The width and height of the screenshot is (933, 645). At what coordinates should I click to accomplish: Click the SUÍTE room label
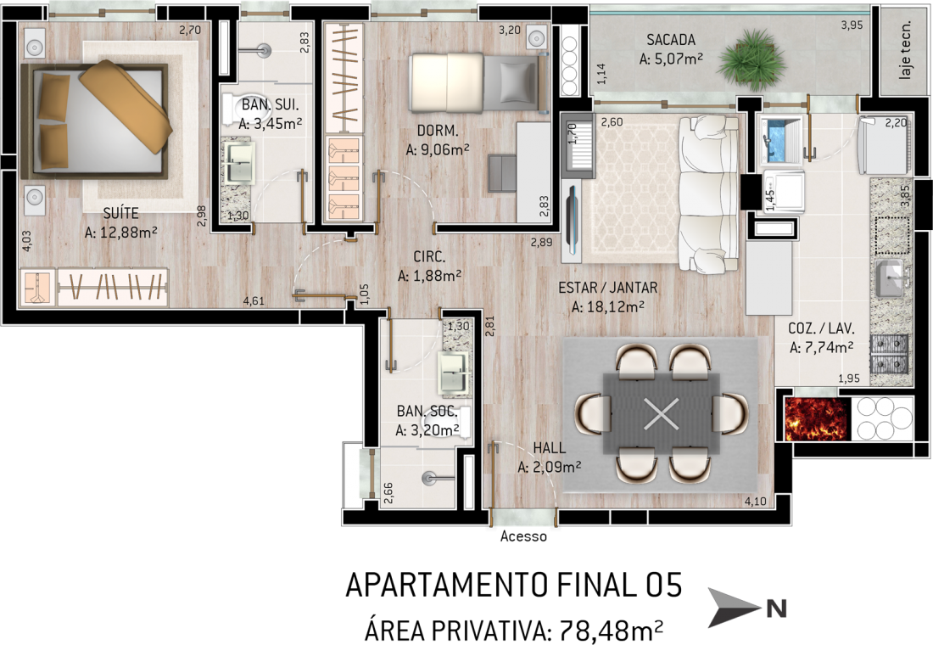click(120, 213)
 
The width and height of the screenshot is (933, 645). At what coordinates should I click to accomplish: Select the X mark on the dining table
click(661, 413)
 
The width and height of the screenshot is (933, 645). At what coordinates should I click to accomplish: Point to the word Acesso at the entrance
click(523, 536)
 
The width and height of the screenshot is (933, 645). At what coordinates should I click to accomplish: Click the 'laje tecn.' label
click(905, 50)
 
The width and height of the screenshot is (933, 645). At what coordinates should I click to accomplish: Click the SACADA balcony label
click(671, 40)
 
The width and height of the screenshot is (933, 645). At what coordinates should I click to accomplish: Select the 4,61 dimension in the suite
click(254, 300)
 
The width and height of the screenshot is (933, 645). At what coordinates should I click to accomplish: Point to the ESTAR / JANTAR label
click(607, 288)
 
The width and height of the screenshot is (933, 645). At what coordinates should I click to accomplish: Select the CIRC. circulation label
click(429, 256)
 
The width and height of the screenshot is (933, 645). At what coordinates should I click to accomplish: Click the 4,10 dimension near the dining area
click(756, 502)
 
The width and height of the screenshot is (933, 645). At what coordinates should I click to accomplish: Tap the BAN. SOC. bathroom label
click(427, 411)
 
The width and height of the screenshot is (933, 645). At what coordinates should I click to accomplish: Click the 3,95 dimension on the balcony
click(852, 25)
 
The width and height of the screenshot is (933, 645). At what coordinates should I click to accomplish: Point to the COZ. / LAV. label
click(821, 328)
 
